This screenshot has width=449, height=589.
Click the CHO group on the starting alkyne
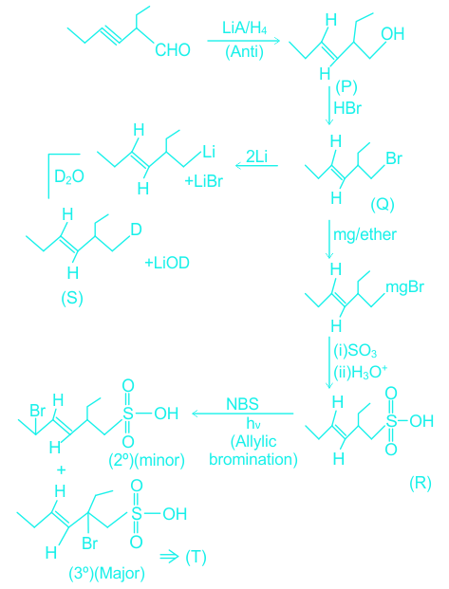pyautogui.click(x=173, y=49)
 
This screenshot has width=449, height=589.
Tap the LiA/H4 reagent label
pyautogui.click(x=244, y=28)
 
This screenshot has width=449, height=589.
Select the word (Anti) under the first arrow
pyautogui.click(x=244, y=51)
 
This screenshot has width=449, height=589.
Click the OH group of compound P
pyautogui.click(x=393, y=34)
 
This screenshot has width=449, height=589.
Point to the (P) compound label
pyautogui.click(x=346, y=86)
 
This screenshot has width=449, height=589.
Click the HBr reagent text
pyautogui.click(x=347, y=108)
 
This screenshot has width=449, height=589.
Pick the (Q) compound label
pyautogui.click(x=382, y=204)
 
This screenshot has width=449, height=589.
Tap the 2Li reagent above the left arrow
pyautogui.click(x=257, y=156)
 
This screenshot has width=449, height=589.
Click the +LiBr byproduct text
pyautogui.click(x=204, y=181)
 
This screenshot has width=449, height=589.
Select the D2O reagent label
pyautogui.click(x=69, y=176)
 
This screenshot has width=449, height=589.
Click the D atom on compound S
pyautogui.click(x=136, y=230)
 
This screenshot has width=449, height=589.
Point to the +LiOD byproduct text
pyautogui.click(x=167, y=263)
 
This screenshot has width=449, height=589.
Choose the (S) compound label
pyautogui.click(x=72, y=298)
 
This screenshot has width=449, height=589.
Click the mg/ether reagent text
pyautogui.click(x=365, y=234)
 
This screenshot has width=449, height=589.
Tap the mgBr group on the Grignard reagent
pyautogui.click(x=405, y=287)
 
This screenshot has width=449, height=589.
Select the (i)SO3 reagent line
pyautogui.click(x=355, y=351)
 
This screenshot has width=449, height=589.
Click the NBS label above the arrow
pyautogui.click(x=243, y=404)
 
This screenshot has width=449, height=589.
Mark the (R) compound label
pyautogui.click(x=420, y=483)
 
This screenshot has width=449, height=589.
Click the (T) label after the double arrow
pyautogui.click(x=196, y=557)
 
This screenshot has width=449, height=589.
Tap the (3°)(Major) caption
pyautogui.click(x=107, y=573)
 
